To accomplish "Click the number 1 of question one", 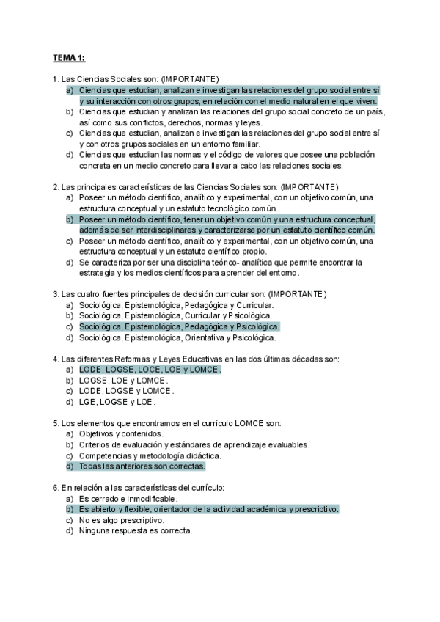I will click(x=55, y=79).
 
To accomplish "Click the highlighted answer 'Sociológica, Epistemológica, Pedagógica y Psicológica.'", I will click(x=179, y=326).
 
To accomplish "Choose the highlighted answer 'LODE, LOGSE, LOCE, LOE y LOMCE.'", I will click(x=150, y=370).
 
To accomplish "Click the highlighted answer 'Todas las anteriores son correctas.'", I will click(x=142, y=466).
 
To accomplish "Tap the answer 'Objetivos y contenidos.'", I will click(x=121, y=433).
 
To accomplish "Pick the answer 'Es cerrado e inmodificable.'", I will click(x=128, y=498).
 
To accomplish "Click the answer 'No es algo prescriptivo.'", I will click(x=121, y=519).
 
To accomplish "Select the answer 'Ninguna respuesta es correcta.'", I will click(x=136, y=530).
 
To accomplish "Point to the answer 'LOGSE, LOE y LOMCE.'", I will click(x=123, y=381).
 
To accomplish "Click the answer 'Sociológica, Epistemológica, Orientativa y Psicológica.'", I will click(x=177, y=337).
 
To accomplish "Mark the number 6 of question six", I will click(x=55, y=488).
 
